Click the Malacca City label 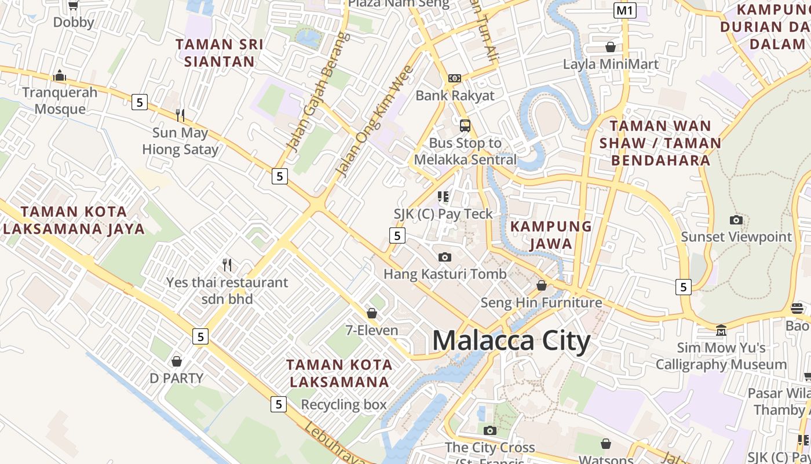tap(511, 340)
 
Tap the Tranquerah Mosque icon tap(59, 76)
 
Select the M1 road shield tap(625, 10)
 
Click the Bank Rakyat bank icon tap(455, 78)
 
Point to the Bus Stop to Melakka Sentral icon tap(465, 125)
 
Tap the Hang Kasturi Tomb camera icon tap(445, 257)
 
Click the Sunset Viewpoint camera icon tap(736, 220)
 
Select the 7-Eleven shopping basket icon tap(372, 313)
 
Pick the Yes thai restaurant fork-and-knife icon tap(227, 265)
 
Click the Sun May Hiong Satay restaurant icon tap(180, 115)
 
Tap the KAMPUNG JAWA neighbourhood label tap(551, 235)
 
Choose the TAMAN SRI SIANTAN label tap(220, 53)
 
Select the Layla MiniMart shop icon tap(611, 46)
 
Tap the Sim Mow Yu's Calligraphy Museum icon tap(721, 331)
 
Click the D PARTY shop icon tap(177, 361)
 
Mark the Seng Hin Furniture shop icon tap(542, 285)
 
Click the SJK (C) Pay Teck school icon tap(443, 197)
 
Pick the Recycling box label tap(344, 405)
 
